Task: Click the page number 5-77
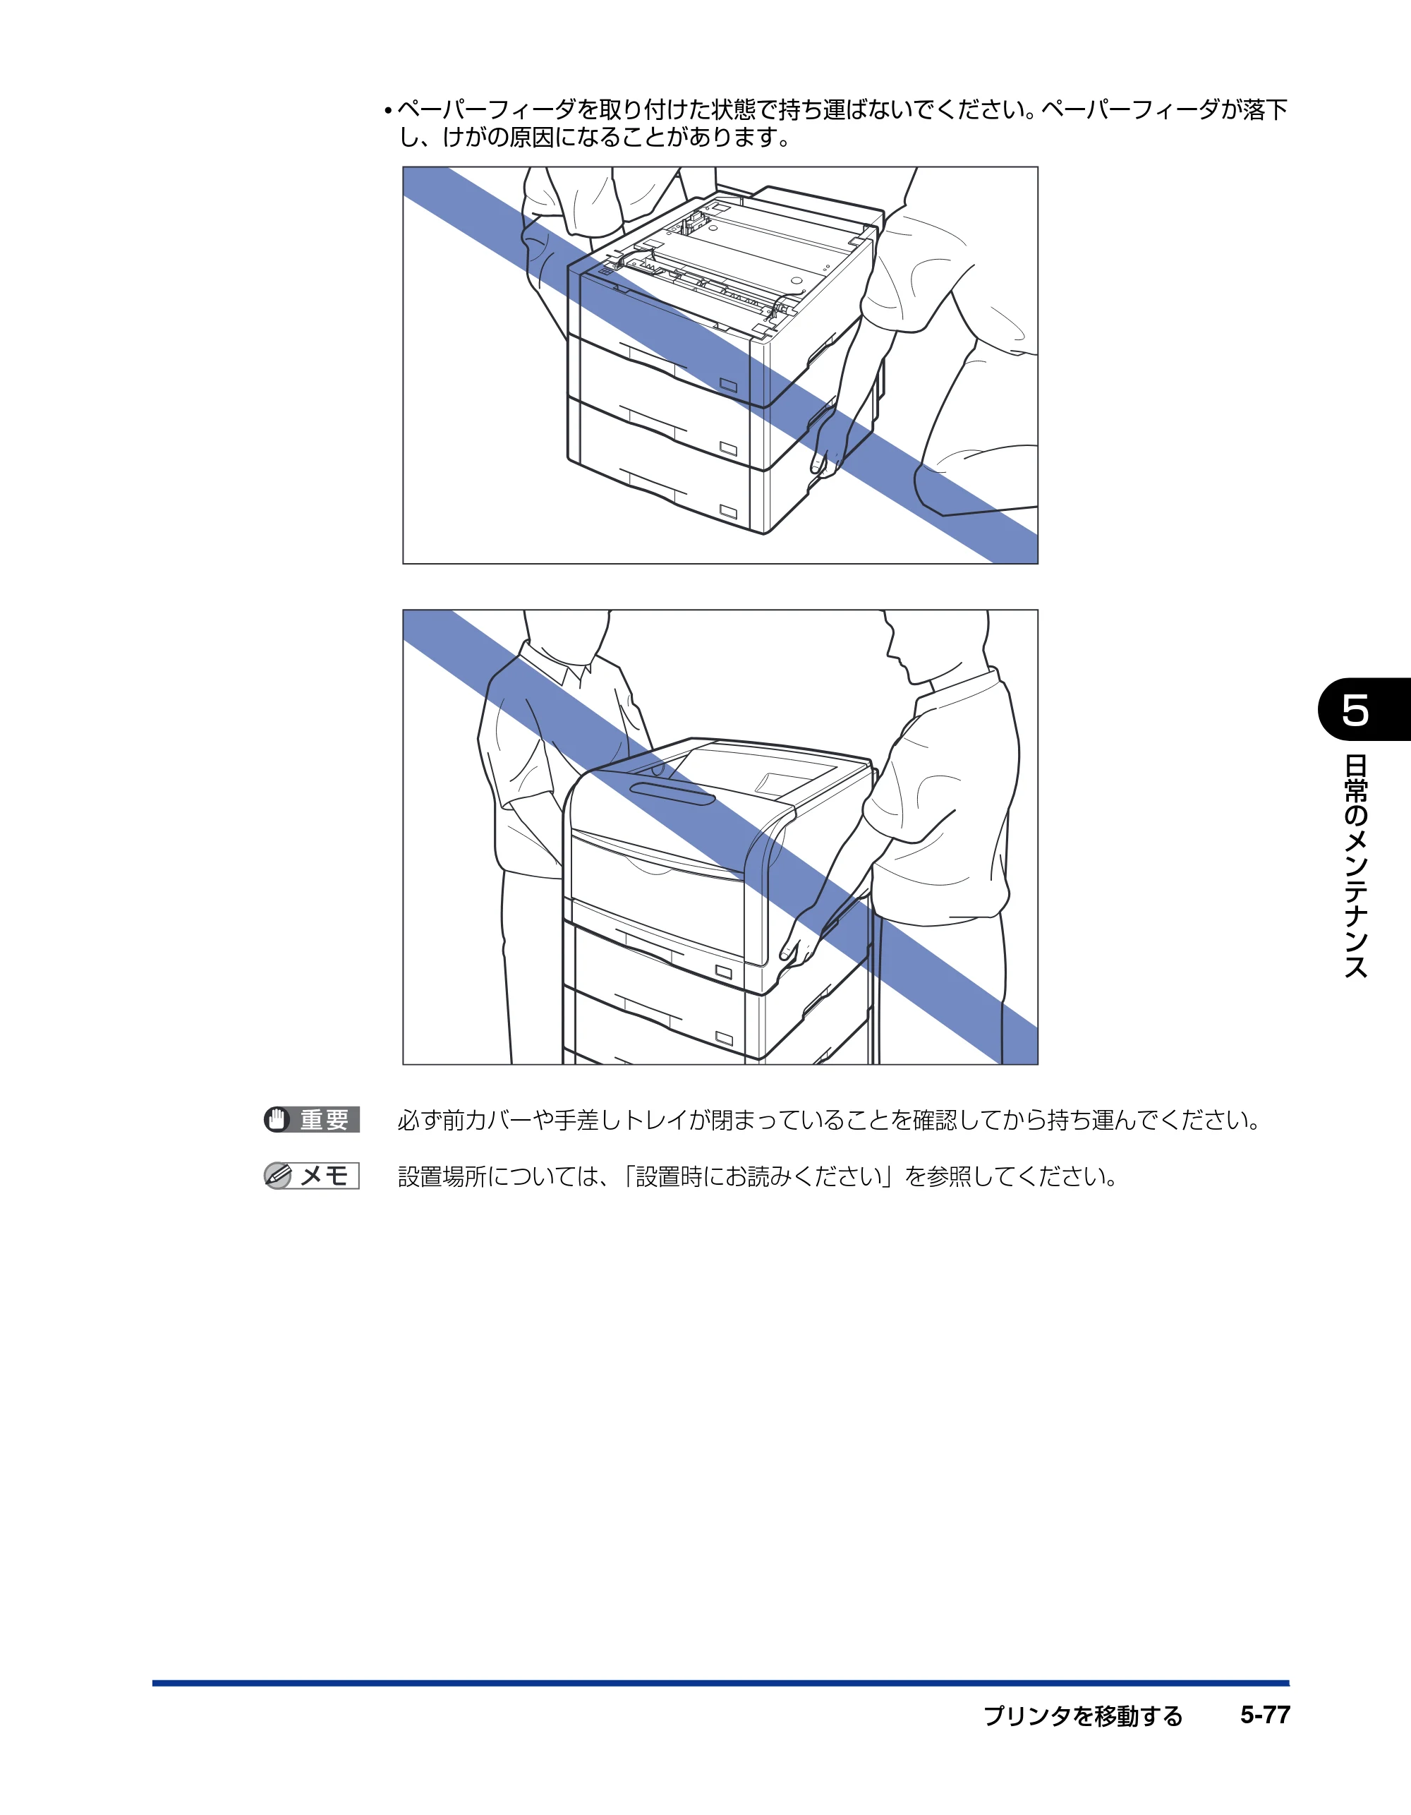click(x=1265, y=1715)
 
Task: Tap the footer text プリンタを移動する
click(x=1083, y=1715)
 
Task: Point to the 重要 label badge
click(x=312, y=1119)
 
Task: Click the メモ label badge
click(x=312, y=1175)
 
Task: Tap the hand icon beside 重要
click(x=277, y=1119)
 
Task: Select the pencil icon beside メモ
click(x=277, y=1176)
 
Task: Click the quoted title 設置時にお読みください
click(x=758, y=1177)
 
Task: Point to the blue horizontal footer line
click(x=720, y=1683)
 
